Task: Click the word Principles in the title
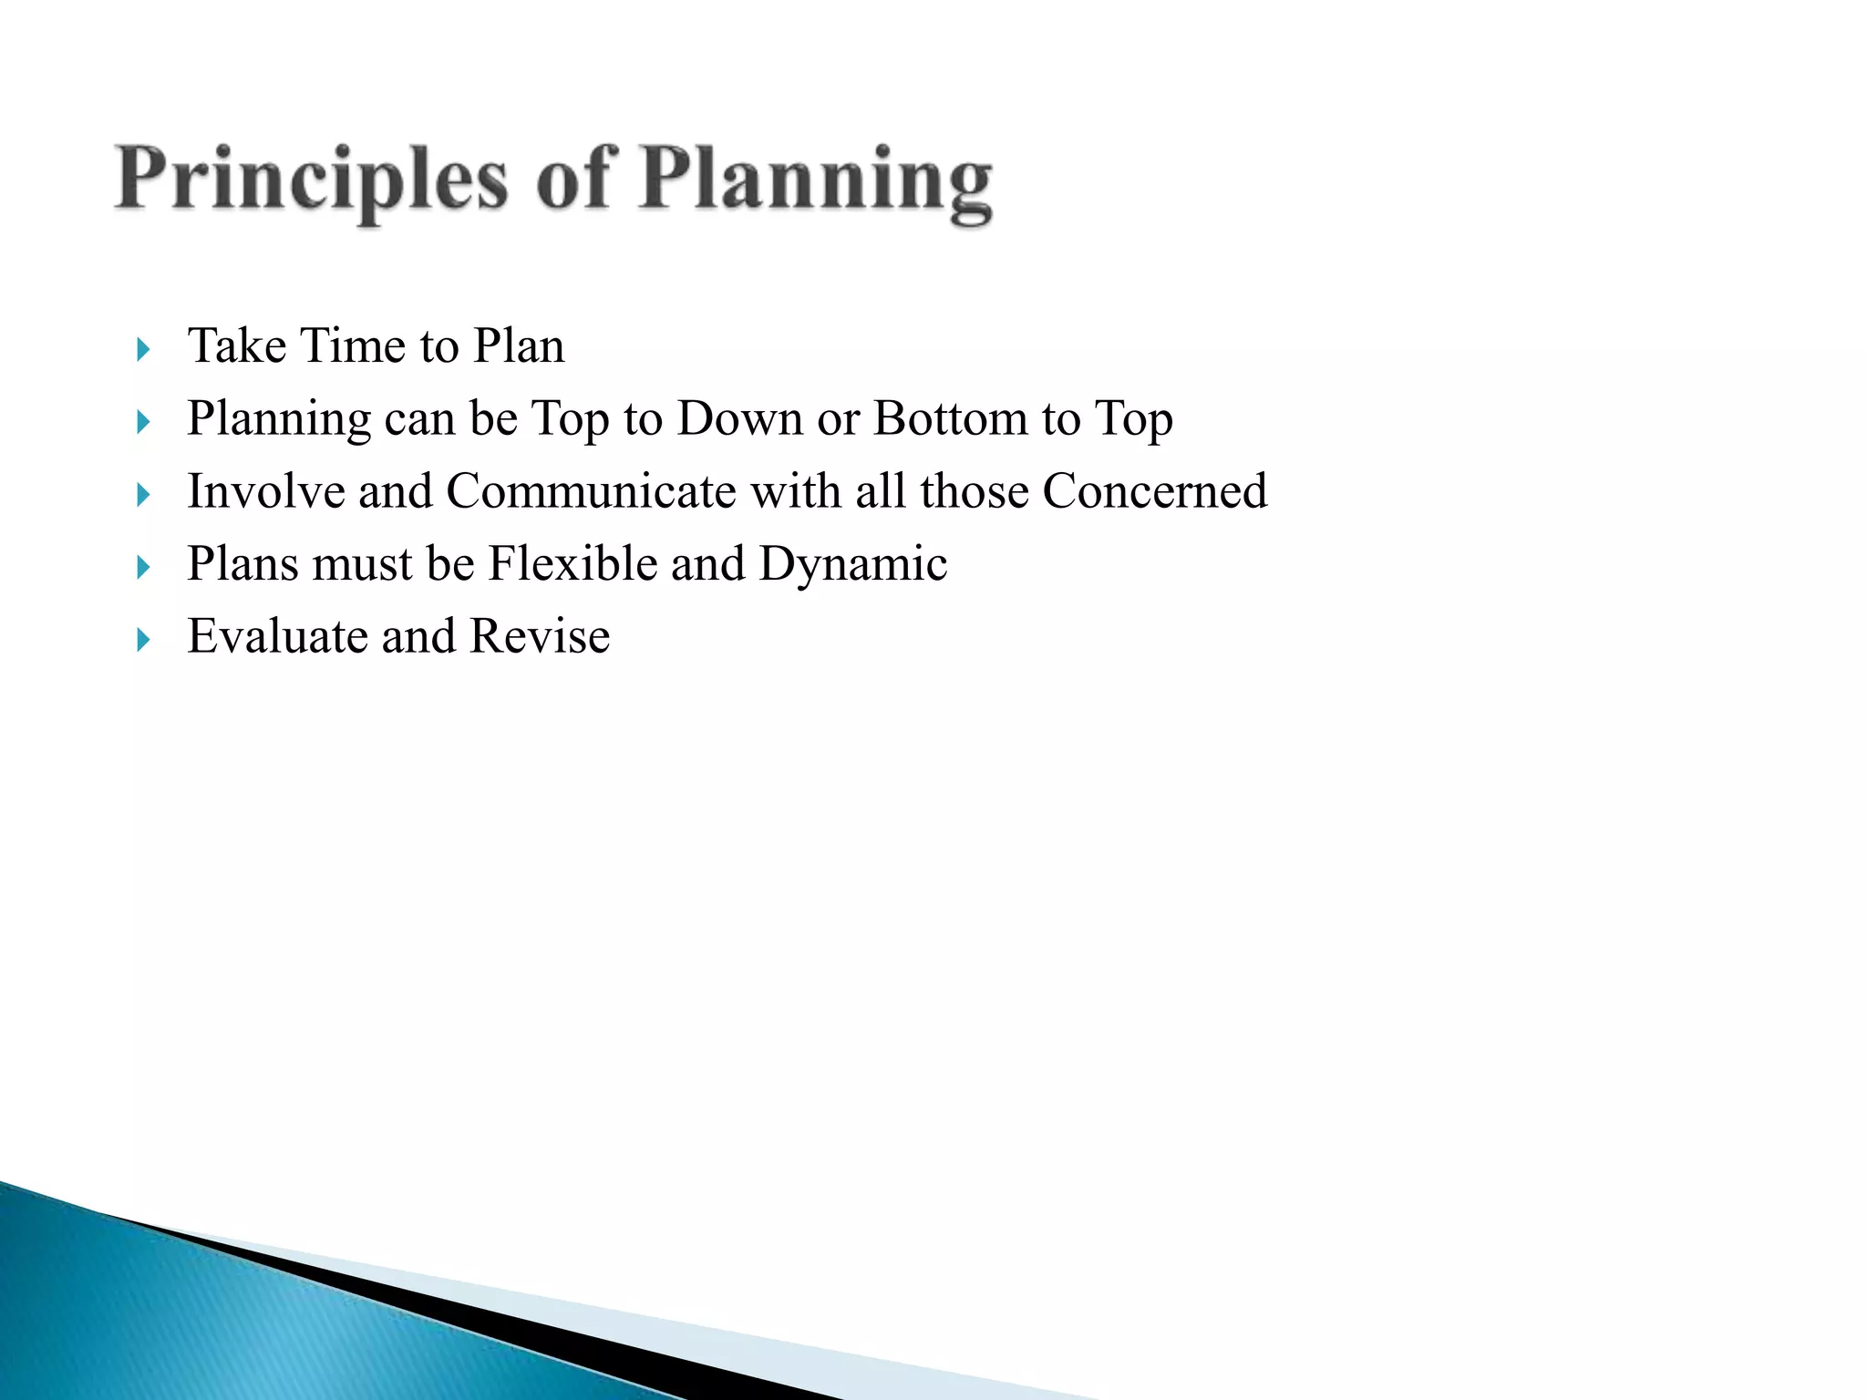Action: point(310,180)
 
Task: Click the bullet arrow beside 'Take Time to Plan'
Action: point(142,349)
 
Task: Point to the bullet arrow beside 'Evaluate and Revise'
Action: point(142,640)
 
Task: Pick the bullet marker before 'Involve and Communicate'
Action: point(142,495)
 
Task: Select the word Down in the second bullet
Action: point(739,419)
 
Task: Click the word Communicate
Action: point(591,491)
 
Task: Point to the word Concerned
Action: point(1154,491)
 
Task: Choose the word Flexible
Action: point(572,563)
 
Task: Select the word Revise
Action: point(540,636)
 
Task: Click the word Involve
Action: point(265,491)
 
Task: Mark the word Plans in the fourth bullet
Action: point(242,563)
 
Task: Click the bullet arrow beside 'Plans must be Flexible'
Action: point(142,568)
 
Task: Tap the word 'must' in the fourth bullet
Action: point(363,565)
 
